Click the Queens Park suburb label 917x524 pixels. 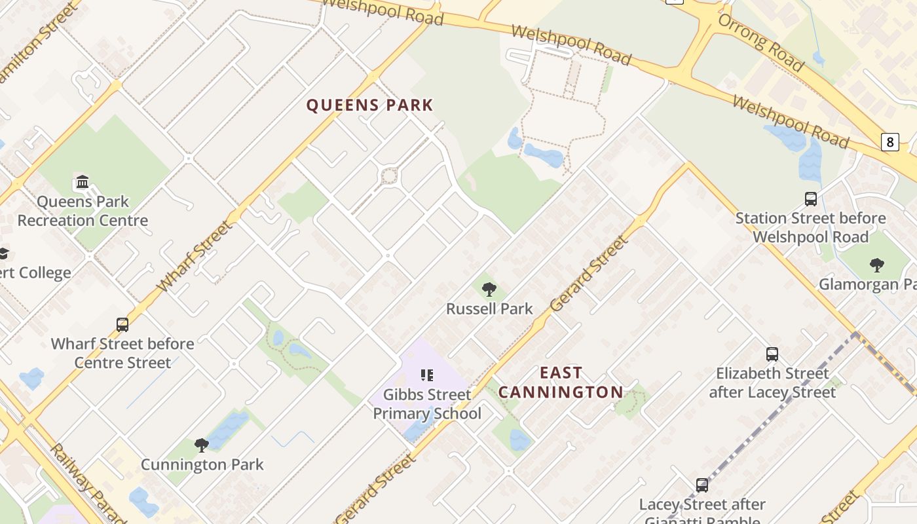pyautogui.click(x=370, y=105)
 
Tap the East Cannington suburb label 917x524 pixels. pyautogui.click(x=561, y=383)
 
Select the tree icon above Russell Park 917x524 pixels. pyautogui.click(x=489, y=289)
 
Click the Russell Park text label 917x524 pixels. pyautogui.click(x=489, y=309)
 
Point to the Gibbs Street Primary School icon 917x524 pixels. pyautogui.click(x=427, y=375)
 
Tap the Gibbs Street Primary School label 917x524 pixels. pyautogui.click(x=427, y=404)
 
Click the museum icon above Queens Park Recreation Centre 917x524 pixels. pyautogui.click(x=83, y=181)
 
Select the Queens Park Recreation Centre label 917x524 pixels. pyautogui.click(x=83, y=211)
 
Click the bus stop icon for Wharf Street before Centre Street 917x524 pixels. pyautogui.click(x=122, y=324)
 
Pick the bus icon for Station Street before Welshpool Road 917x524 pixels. pyautogui.click(x=810, y=198)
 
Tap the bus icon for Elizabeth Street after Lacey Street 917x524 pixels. pyautogui.click(x=772, y=354)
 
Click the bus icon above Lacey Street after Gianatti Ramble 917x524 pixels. pyautogui.click(x=702, y=485)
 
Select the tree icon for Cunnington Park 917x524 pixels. pyautogui.click(x=202, y=445)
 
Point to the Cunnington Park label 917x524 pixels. pyautogui.click(x=202, y=465)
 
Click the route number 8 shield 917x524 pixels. pyautogui.click(x=889, y=141)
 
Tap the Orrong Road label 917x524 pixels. pyautogui.click(x=760, y=42)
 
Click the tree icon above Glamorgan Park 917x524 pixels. pyautogui.click(x=876, y=265)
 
